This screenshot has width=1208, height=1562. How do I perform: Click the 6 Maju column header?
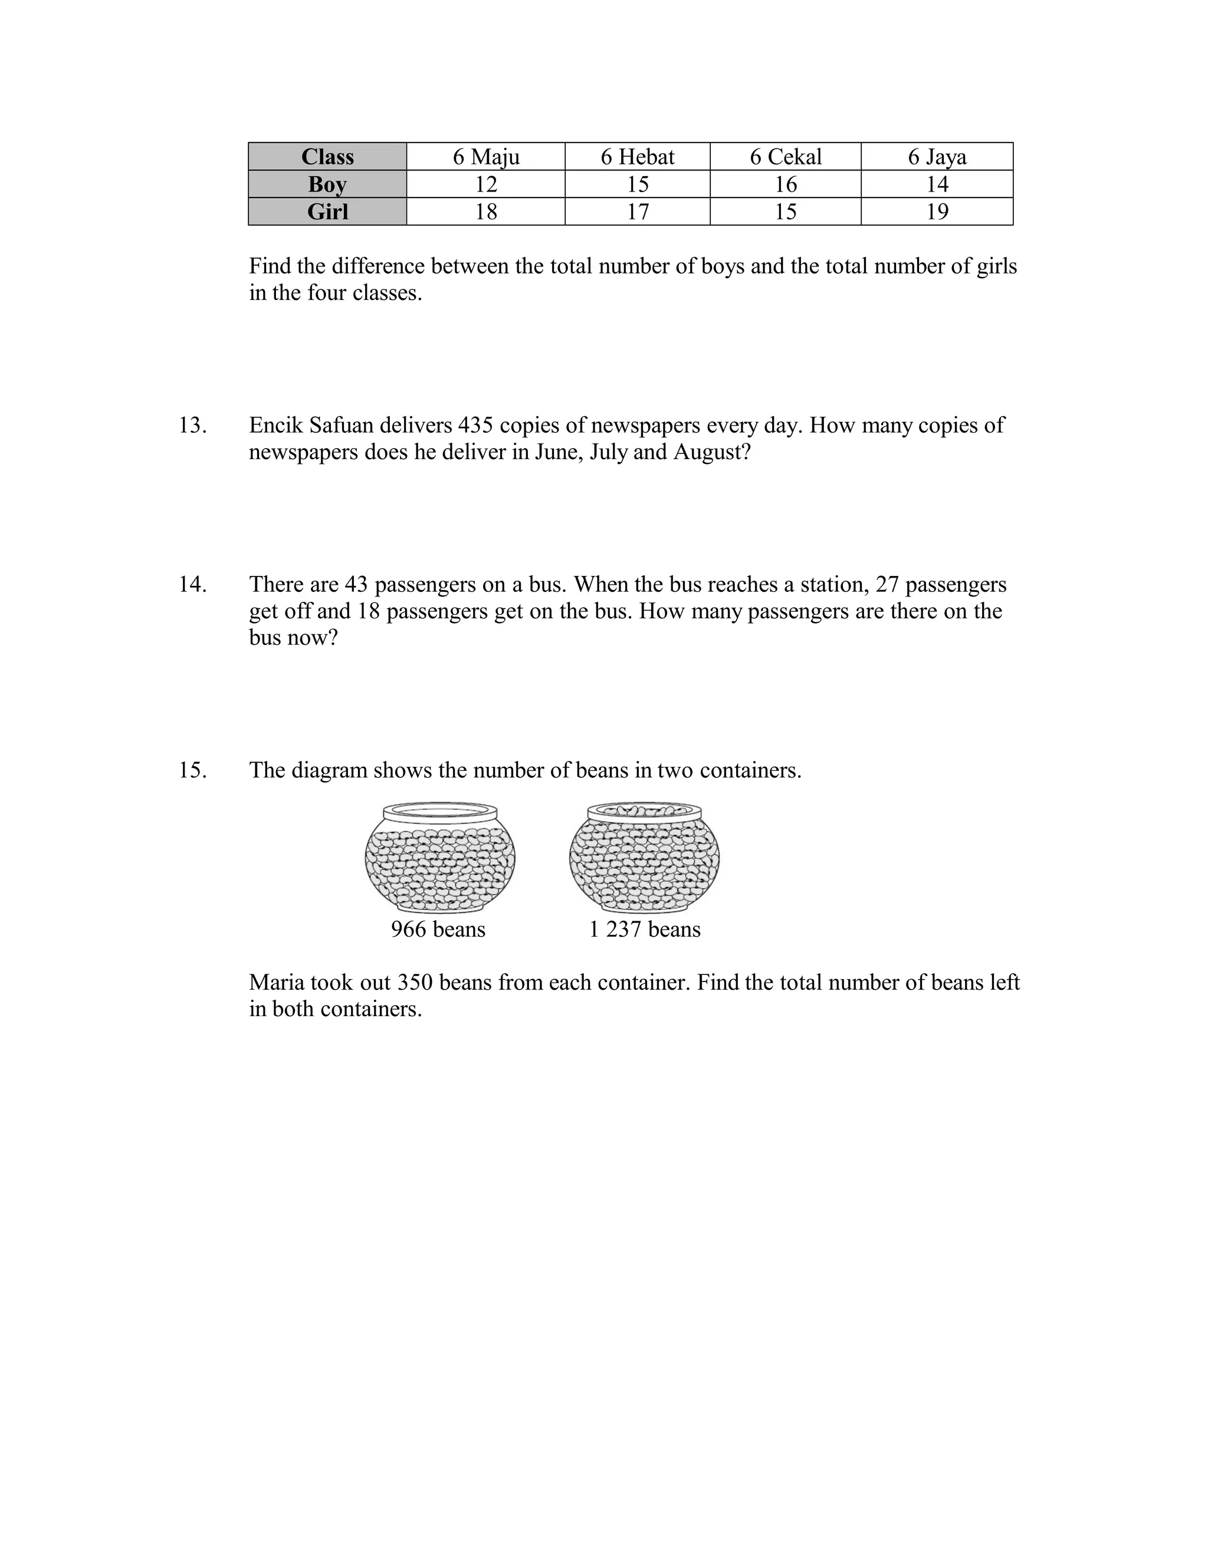[486, 157]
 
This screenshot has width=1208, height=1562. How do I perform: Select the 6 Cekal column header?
[785, 157]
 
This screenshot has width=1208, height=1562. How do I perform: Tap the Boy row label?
[327, 184]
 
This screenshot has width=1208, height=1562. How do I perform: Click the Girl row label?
[327, 212]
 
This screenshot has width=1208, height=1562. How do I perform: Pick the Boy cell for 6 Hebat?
[637, 184]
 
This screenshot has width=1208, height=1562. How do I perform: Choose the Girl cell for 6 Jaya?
[937, 212]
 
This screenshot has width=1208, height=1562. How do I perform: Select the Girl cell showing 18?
[486, 212]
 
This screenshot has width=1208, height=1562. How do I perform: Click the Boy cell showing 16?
[785, 184]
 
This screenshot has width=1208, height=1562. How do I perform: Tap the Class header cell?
[327, 157]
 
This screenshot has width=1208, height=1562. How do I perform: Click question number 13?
[192, 426]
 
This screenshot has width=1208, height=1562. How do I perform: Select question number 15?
[192, 770]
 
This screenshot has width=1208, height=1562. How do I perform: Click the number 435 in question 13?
[475, 426]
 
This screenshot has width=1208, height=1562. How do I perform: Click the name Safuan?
[342, 426]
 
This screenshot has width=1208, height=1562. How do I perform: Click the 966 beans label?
[438, 929]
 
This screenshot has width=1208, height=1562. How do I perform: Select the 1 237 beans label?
[644, 929]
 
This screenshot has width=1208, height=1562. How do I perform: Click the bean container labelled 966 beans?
[439, 858]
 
